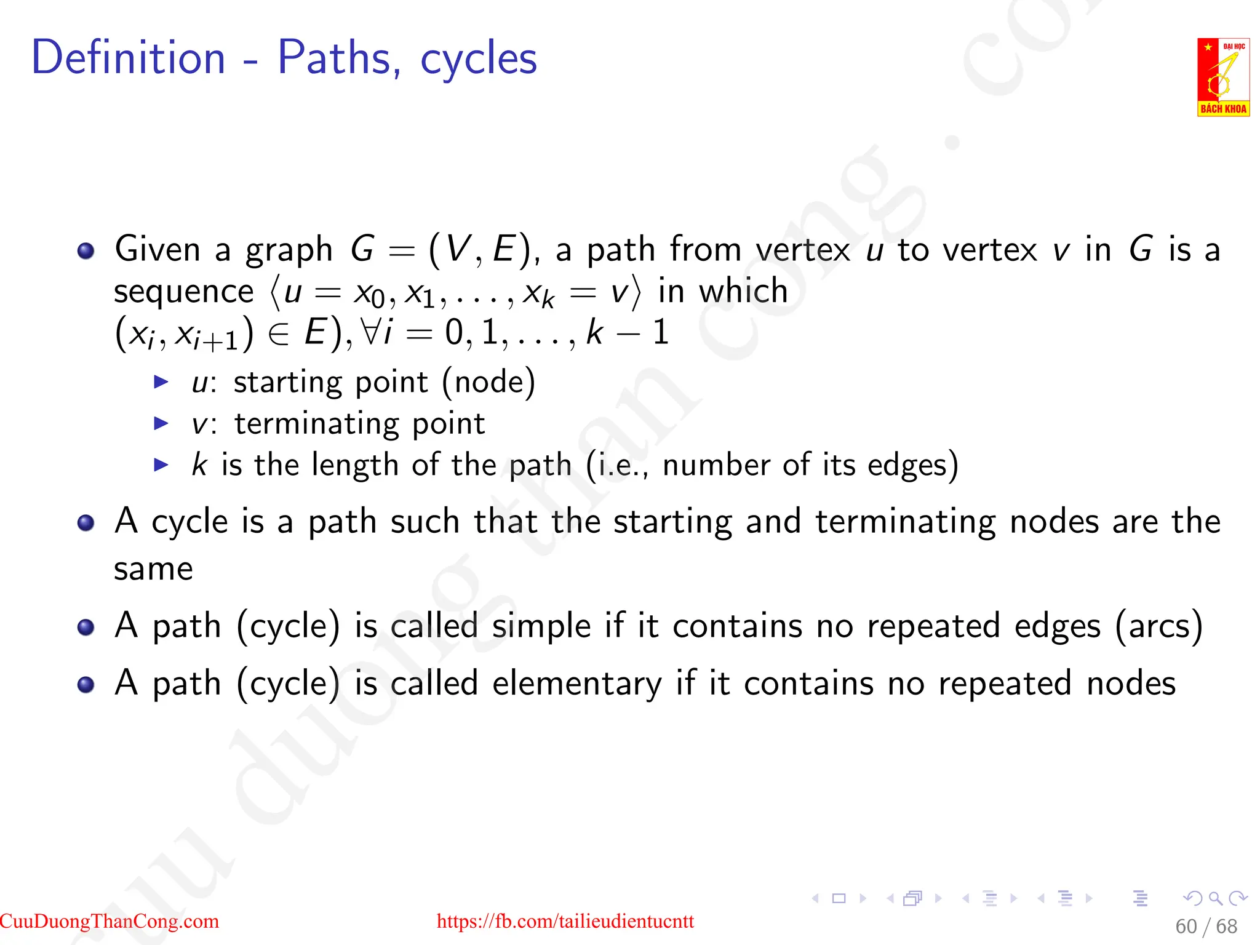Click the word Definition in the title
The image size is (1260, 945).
point(129,58)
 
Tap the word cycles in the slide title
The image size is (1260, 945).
point(479,59)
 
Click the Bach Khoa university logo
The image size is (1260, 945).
point(1222,77)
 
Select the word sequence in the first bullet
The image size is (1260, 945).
point(183,292)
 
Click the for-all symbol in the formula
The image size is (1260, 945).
point(372,333)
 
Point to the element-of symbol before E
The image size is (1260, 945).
point(279,334)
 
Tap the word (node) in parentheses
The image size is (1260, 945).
point(488,383)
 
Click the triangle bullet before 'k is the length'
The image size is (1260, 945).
point(161,465)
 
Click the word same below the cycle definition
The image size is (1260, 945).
point(153,569)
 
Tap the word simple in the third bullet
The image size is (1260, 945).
point(541,626)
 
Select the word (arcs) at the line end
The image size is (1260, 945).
point(1158,626)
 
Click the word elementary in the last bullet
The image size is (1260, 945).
point(577,684)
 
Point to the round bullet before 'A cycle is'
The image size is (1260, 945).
point(86,523)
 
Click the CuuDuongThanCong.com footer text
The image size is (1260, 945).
point(110,921)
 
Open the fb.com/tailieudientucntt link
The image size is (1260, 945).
point(565,921)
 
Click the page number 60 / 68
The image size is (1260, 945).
point(1206,927)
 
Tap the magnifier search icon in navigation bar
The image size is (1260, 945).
point(1215,899)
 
